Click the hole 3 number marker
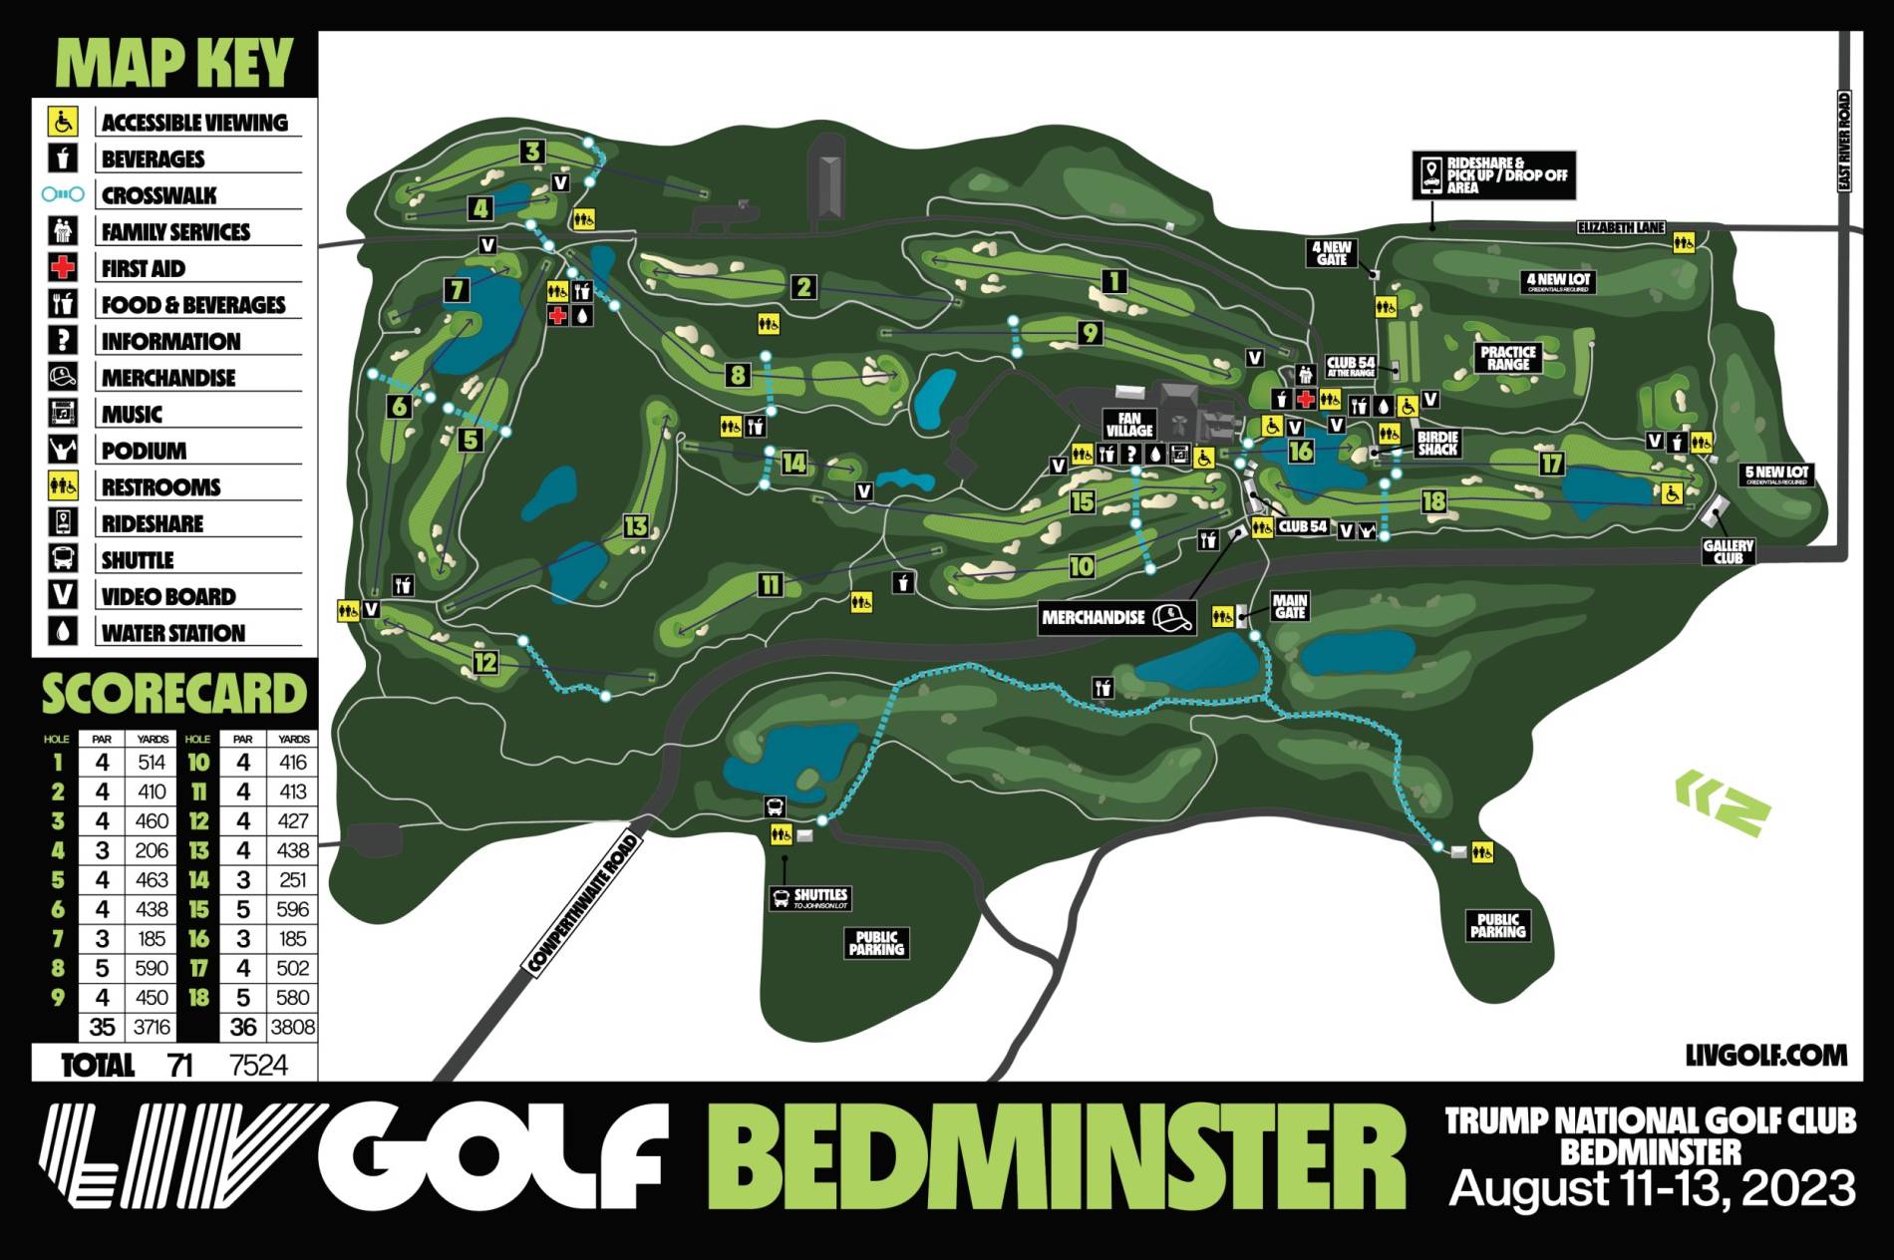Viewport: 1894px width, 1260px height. pos(533,152)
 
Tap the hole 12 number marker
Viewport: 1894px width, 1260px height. pos(485,662)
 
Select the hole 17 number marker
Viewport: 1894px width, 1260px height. pos(1551,464)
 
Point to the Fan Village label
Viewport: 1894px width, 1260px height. pos(1128,425)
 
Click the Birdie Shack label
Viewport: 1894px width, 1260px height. pos(1437,443)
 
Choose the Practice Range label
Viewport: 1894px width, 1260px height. pos(1507,358)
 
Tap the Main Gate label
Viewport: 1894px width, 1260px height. pos(1290,605)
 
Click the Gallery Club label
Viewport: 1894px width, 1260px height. pos(1728,551)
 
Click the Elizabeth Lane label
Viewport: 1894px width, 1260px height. pos(1621,227)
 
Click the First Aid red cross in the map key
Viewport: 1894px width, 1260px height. pos(63,267)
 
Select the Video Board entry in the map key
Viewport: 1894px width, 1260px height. pos(167,596)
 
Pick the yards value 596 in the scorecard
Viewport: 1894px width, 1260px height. pos(293,909)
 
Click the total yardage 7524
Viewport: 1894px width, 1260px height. pos(258,1066)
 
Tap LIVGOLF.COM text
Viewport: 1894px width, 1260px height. pos(1765,1055)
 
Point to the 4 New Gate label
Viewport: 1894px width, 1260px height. pos(1332,253)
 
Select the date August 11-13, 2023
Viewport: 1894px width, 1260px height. pos(1652,1189)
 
